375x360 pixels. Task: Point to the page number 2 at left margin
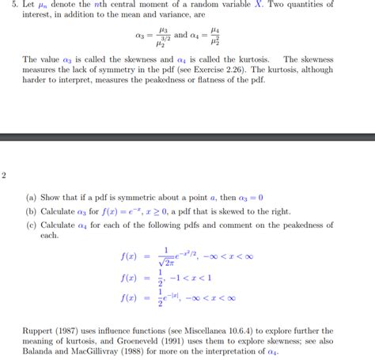tap(4, 176)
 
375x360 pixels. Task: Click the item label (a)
tap(30, 198)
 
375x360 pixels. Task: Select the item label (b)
tap(30, 211)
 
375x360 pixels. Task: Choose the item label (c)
tap(30, 225)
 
